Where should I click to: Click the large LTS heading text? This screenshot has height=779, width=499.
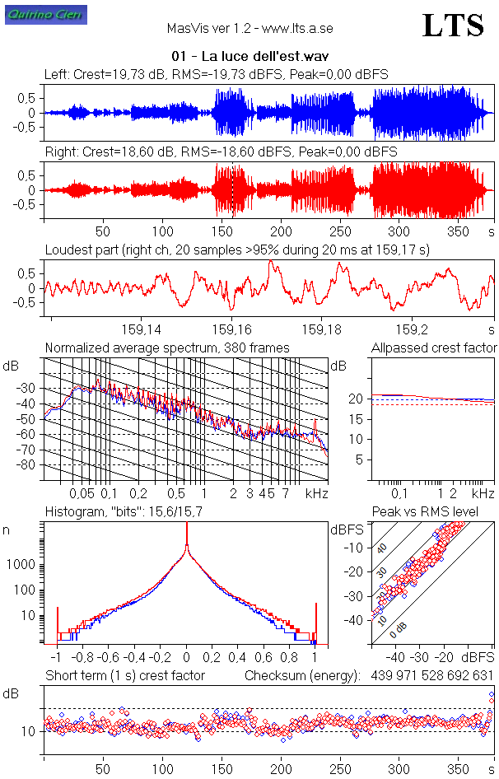pos(453,26)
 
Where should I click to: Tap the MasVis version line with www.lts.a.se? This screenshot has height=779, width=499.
pos(249,28)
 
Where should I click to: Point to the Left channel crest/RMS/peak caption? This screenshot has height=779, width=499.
pos(217,75)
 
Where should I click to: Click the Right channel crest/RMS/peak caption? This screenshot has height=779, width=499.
pos(221,152)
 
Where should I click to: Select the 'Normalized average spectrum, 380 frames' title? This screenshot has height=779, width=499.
pos(167,348)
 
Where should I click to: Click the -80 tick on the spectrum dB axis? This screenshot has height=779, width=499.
pos(29,465)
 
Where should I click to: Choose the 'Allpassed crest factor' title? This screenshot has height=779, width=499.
pos(434,348)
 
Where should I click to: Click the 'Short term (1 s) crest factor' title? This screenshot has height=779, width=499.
pos(125,676)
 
